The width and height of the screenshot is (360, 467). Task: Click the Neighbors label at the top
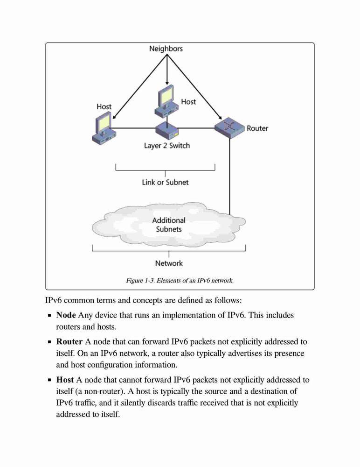point(166,49)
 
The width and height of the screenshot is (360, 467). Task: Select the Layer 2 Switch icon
point(167,130)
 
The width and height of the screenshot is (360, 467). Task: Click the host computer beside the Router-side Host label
point(167,101)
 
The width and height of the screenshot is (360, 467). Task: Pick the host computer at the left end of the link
point(104,128)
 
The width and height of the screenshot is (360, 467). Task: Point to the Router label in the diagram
point(257,128)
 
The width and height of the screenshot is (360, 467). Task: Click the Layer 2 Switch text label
point(167,146)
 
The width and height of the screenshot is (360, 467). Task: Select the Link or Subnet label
point(165,182)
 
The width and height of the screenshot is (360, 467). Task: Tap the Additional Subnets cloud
point(169,225)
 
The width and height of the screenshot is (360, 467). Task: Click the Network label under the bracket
point(169,263)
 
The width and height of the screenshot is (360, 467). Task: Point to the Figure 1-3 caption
point(180,281)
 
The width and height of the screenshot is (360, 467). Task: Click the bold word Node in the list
point(66,315)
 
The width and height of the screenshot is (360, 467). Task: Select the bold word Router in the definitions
point(69,342)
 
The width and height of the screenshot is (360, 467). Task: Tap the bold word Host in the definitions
point(65,380)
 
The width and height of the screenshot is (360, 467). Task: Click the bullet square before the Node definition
point(50,315)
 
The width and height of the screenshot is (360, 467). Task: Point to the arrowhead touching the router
point(220,117)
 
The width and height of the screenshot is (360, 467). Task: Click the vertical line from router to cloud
point(229,177)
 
